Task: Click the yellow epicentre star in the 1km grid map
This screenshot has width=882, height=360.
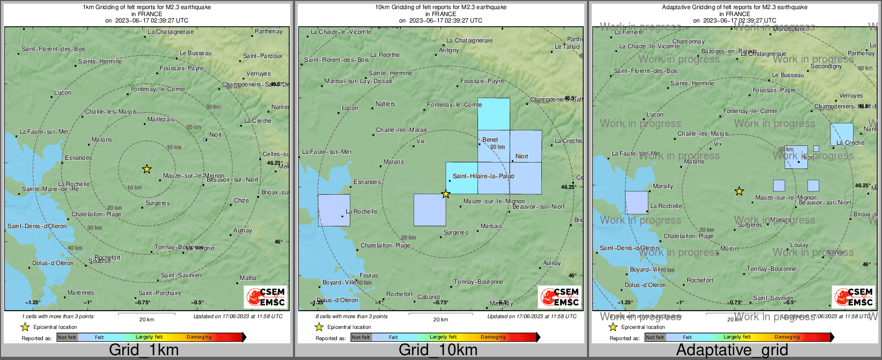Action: click(x=146, y=169)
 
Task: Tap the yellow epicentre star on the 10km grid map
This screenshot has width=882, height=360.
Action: click(x=446, y=194)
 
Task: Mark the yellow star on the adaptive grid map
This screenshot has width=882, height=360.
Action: click(x=739, y=191)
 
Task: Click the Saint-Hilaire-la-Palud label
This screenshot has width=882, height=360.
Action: click(x=483, y=176)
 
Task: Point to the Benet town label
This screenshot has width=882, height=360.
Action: click(x=490, y=139)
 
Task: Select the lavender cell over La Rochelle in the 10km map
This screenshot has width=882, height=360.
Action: click(x=334, y=210)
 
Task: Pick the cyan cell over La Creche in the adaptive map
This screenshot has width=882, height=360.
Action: click(x=841, y=134)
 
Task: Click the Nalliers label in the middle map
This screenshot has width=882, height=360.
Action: click(x=385, y=104)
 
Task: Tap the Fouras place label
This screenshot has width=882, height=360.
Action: click(x=369, y=275)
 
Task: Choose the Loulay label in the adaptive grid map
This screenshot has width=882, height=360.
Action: click(x=799, y=245)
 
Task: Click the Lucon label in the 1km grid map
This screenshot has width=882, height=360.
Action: click(x=62, y=92)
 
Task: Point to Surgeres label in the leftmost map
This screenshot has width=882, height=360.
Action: click(x=157, y=203)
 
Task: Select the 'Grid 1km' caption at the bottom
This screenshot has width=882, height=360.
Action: click(x=144, y=350)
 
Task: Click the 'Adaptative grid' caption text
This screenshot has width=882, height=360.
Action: click(x=732, y=350)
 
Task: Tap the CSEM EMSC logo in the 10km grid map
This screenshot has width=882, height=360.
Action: click(x=559, y=297)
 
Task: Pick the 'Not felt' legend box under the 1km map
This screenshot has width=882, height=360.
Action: click(x=67, y=337)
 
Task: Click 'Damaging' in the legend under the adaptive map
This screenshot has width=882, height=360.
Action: click(x=787, y=337)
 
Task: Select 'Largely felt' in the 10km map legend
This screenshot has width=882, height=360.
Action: click(x=443, y=337)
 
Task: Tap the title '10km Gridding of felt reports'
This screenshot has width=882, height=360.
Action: click(x=440, y=8)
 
